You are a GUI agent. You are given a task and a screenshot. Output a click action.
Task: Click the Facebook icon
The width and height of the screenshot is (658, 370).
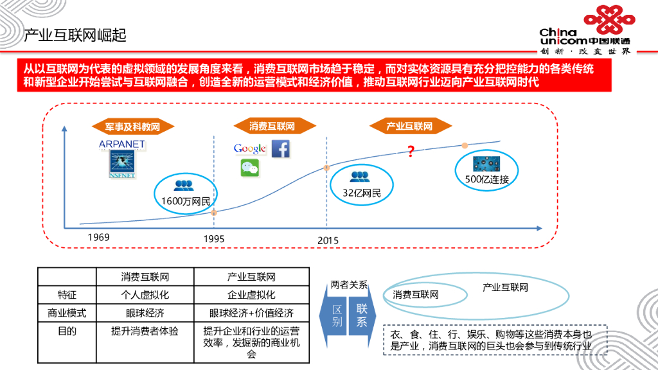[280, 148]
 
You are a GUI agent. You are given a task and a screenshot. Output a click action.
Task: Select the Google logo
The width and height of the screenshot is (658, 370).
[250, 149]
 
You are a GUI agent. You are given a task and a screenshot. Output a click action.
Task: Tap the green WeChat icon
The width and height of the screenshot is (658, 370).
[249, 168]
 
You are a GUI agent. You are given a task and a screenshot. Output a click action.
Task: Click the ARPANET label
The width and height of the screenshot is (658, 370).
[122, 145]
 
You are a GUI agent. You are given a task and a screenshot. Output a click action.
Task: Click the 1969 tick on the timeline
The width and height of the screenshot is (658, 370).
[99, 238]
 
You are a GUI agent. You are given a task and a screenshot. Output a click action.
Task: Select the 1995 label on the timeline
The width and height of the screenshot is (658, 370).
[214, 239]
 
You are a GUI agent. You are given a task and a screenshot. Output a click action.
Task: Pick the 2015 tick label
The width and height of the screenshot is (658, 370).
[328, 240]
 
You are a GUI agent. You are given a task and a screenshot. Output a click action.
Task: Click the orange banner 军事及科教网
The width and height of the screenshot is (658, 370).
[132, 127]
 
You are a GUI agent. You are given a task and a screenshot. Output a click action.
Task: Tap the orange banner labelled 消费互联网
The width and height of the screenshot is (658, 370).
[272, 127]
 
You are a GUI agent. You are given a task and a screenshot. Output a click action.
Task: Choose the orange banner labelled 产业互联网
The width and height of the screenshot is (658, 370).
[409, 127]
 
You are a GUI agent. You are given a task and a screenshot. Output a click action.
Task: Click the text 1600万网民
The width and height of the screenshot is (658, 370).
[186, 201]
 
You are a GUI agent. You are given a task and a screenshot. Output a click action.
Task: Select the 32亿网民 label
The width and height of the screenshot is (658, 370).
[361, 193]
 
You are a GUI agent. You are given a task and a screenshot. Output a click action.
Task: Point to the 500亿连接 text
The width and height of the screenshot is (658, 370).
[487, 180]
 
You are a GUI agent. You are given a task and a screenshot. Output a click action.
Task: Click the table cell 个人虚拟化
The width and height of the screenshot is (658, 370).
[145, 295]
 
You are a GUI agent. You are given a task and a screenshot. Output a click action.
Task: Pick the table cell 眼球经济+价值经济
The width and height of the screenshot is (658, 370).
[251, 313]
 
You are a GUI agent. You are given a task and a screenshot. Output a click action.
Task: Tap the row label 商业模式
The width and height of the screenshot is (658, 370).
[67, 313]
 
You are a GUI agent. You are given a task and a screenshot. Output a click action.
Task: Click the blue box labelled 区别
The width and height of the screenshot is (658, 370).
[337, 315]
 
